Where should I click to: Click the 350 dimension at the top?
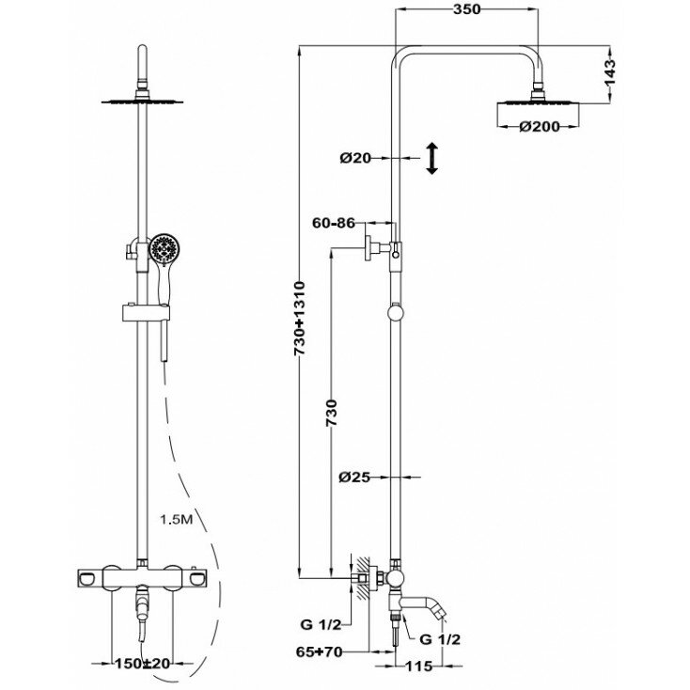click(466, 10)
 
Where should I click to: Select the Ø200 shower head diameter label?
click(540, 127)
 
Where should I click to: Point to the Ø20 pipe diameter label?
click(357, 158)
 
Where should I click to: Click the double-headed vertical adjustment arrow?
click(431, 158)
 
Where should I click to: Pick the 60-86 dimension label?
click(335, 224)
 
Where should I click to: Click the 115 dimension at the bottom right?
click(421, 668)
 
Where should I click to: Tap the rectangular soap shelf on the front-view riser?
click(141, 312)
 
